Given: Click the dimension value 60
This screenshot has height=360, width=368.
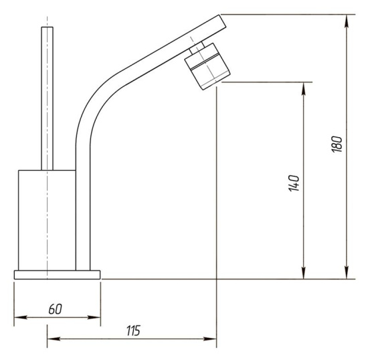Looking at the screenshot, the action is [55, 309].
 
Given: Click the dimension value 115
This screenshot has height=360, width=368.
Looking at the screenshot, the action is [133, 331].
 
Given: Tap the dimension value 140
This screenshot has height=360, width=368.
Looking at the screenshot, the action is [294, 183].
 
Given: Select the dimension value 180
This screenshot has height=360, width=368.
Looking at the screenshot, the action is [337, 144].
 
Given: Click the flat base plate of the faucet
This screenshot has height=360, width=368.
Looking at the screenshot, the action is [58, 275].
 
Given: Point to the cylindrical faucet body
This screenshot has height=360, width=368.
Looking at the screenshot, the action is [47, 220].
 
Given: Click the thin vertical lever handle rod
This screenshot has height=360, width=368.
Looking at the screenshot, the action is [48, 98].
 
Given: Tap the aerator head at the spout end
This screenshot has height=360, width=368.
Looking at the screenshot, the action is [207, 66].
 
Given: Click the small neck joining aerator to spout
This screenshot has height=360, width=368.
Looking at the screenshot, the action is [197, 48].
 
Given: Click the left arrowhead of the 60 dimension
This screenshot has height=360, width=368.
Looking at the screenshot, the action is [20, 317].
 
